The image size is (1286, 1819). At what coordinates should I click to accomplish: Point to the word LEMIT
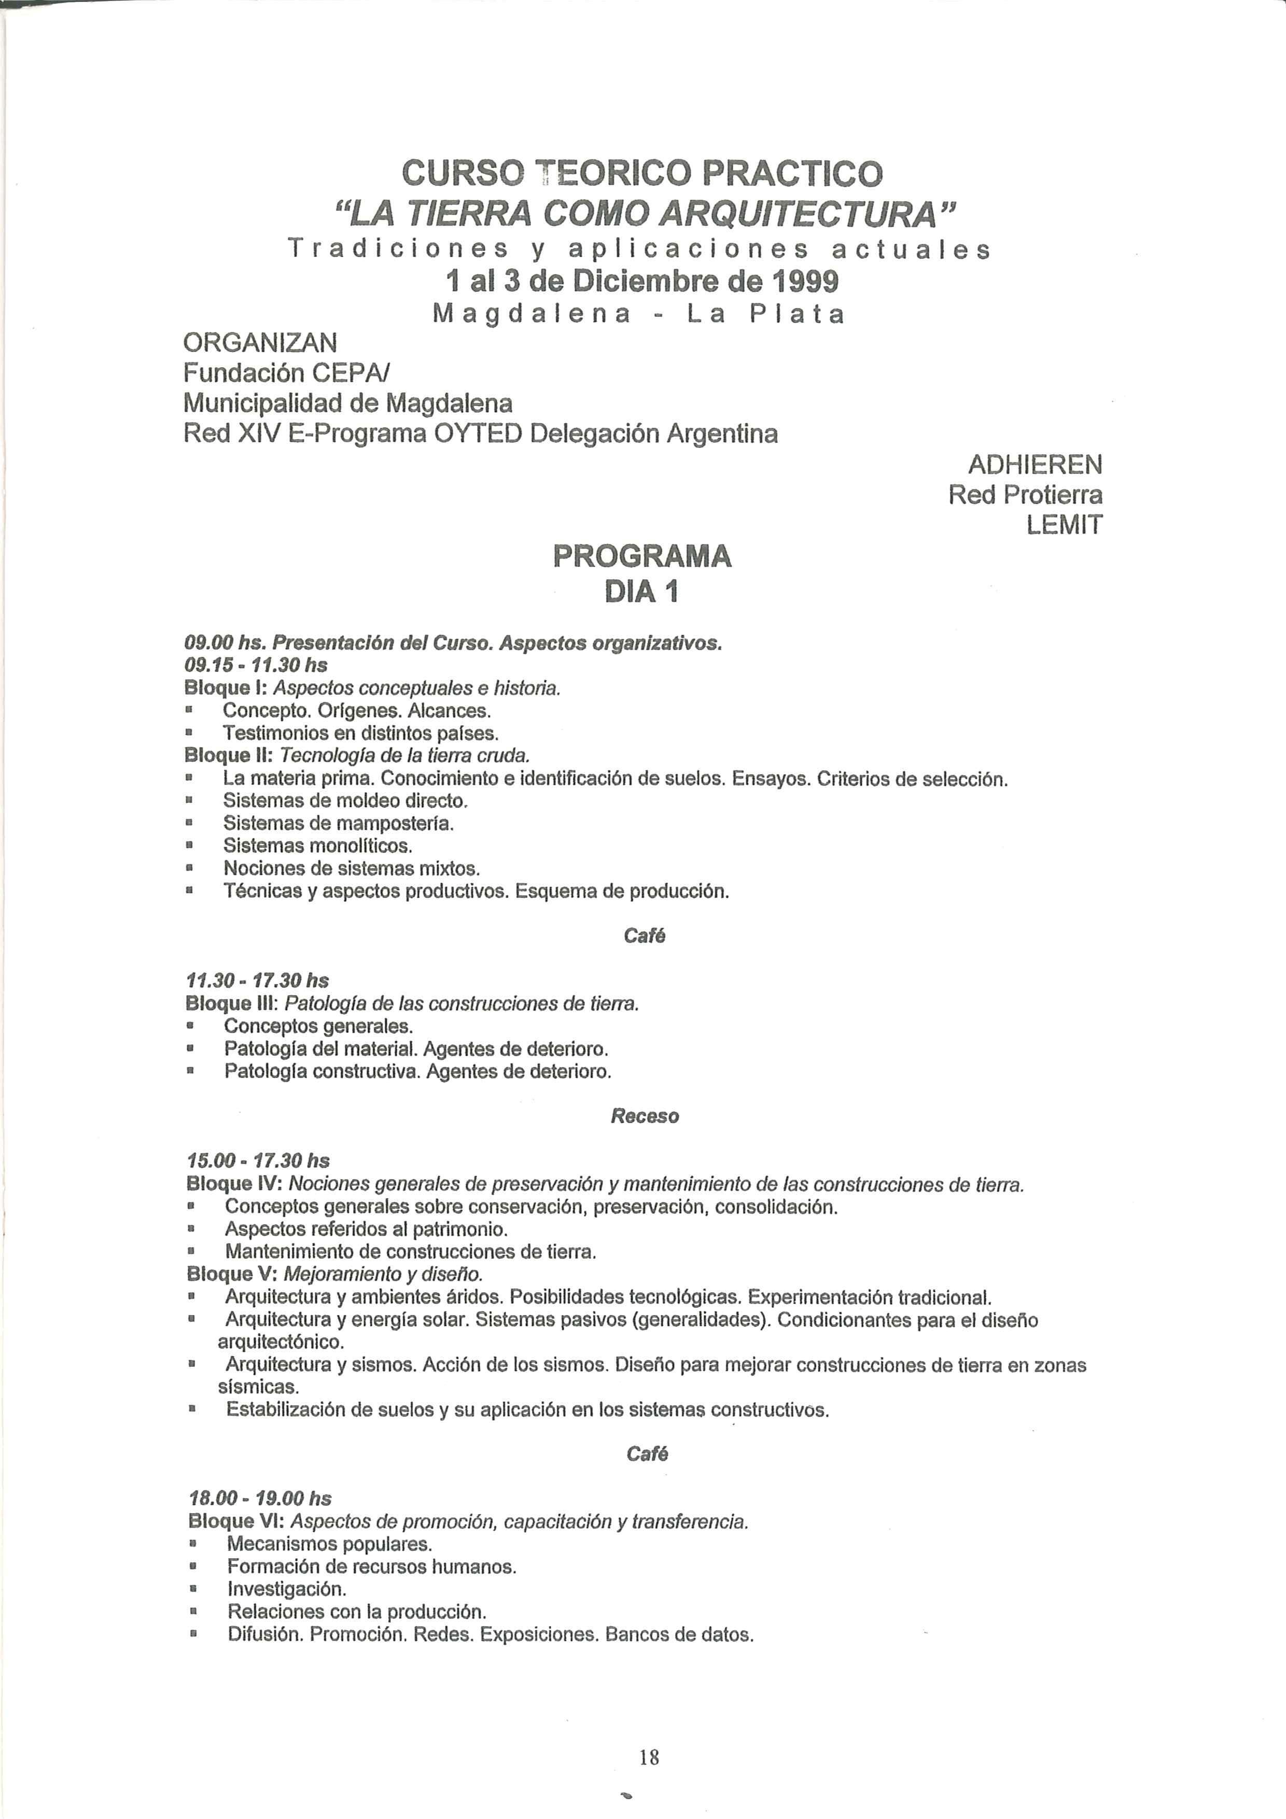(x=1064, y=524)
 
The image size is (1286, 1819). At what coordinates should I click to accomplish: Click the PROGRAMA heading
(x=642, y=556)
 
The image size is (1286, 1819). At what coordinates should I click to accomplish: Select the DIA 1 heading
(x=642, y=592)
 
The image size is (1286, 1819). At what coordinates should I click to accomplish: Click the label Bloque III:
(x=230, y=1004)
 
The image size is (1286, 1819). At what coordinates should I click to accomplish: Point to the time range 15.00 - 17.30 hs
(x=258, y=1160)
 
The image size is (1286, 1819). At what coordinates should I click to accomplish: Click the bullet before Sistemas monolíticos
(x=189, y=846)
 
